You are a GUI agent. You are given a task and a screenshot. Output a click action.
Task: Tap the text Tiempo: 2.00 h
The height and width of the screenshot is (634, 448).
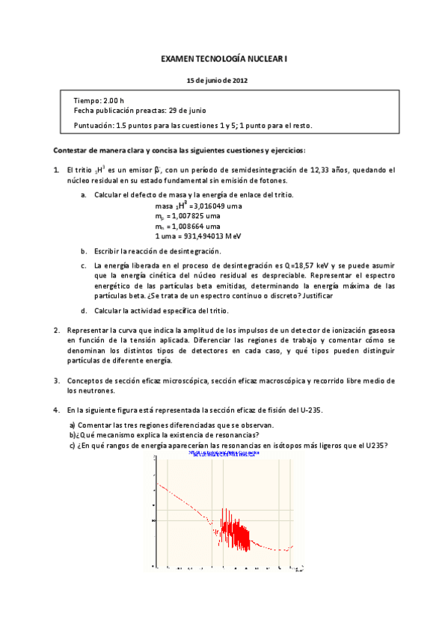click(x=99, y=99)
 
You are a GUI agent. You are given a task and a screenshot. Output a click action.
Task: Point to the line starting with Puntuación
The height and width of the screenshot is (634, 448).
click(x=193, y=125)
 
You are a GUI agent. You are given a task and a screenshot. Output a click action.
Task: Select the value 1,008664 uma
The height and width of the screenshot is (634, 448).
click(x=193, y=225)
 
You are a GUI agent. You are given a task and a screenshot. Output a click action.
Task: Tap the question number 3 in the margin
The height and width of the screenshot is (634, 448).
click(x=56, y=381)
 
